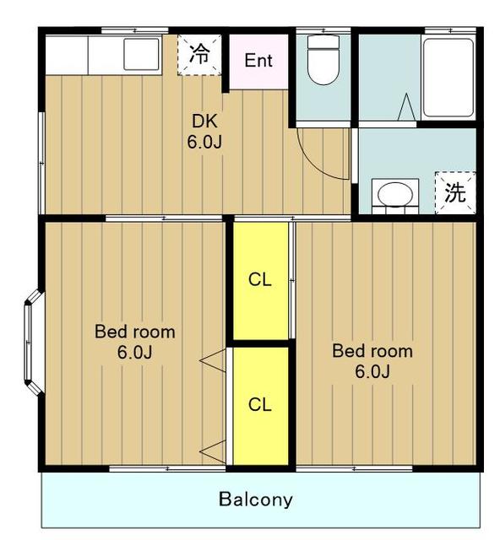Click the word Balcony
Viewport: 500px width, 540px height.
coord(256,499)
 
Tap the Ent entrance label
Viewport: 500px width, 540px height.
coord(258,61)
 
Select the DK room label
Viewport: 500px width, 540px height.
coord(204,121)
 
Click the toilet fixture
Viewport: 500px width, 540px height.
coord(323,59)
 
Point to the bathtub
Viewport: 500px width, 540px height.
coord(448,78)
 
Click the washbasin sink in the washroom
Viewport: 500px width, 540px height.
coord(395,194)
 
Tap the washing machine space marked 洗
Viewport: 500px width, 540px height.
coord(455,192)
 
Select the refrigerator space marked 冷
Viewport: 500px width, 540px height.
coord(199,54)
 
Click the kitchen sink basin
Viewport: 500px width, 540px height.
coord(141,54)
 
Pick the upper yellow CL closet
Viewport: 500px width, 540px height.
coord(261,280)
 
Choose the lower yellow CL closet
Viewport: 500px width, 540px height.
coord(261,406)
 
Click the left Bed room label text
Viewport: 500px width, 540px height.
coord(135,332)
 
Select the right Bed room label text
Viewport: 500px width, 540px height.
coord(372,351)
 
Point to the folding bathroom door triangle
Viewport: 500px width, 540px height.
coord(406,107)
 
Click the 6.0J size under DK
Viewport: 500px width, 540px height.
coord(204,142)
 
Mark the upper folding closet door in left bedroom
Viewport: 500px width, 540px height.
coord(213,360)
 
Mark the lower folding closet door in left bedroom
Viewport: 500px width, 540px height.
coord(213,452)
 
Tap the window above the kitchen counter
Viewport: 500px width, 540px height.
coord(135,30)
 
